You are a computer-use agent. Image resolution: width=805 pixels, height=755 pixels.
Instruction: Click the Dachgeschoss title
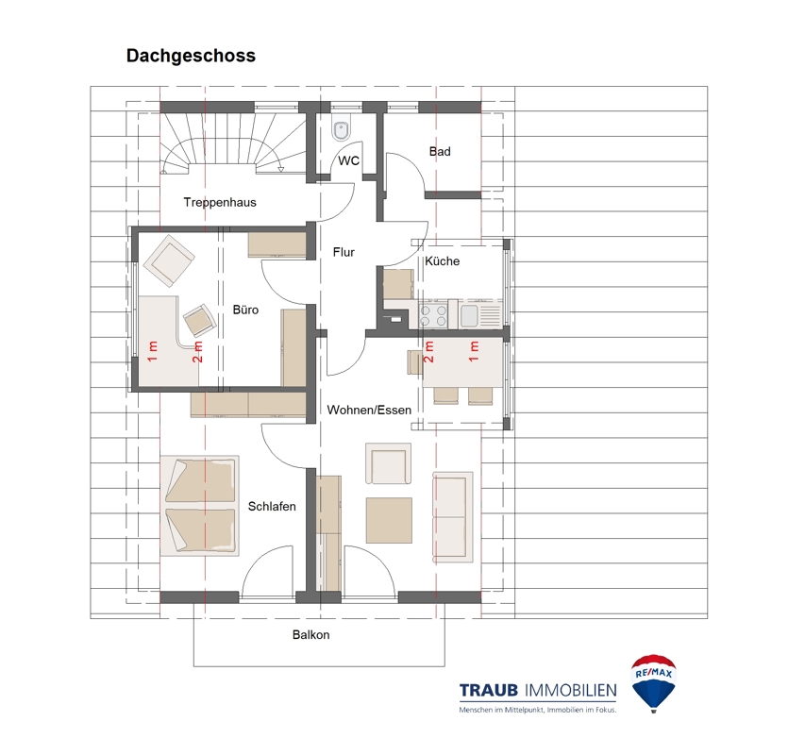tap(191, 56)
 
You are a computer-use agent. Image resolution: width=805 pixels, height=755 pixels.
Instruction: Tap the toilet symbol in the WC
tap(342, 130)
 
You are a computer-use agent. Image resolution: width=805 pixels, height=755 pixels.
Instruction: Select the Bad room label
tap(440, 151)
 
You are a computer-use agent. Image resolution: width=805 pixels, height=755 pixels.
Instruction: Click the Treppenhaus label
tap(220, 203)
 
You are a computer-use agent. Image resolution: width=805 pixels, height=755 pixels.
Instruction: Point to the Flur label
tap(344, 252)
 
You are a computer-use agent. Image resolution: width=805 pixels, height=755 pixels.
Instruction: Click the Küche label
tap(442, 261)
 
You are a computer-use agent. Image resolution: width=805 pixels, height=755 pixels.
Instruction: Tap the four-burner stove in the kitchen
tap(433, 314)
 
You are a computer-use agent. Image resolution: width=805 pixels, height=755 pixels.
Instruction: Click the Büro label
tap(245, 310)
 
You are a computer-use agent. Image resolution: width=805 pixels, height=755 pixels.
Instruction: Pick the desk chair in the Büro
tap(199, 320)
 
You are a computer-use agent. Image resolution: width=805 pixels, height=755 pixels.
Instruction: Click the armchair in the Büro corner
tap(168, 260)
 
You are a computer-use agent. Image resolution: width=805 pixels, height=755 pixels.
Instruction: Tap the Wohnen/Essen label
tap(369, 411)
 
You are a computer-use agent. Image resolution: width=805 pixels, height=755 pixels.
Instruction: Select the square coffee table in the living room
tap(389, 520)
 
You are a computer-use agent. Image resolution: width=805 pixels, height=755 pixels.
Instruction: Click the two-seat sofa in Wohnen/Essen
tap(453, 517)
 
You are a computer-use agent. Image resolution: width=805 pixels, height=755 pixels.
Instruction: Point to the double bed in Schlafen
tap(199, 506)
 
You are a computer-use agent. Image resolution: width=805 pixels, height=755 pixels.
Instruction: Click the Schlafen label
tap(272, 507)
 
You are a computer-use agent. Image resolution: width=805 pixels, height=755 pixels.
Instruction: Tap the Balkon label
tap(311, 635)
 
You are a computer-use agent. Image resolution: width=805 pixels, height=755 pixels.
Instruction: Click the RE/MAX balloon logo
tap(654, 682)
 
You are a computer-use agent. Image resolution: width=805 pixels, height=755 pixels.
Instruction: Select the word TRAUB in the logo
tap(489, 691)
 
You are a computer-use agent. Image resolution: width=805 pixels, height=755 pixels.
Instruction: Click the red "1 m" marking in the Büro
tap(153, 351)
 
